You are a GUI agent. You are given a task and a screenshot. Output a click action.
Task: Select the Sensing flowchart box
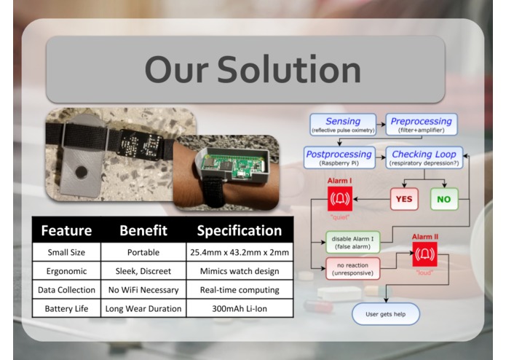[343, 124]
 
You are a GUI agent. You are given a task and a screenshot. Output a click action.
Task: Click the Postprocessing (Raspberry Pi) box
[339, 157]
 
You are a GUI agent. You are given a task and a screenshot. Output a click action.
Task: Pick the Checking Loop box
[424, 157]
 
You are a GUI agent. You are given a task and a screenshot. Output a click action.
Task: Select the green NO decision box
[443, 197]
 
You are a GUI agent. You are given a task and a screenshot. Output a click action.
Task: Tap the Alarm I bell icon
[340, 198]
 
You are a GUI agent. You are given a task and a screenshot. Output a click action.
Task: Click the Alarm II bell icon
[424, 254]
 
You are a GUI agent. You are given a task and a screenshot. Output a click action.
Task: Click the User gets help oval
[386, 314]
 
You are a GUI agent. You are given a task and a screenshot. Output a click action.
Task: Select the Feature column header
[66, 230]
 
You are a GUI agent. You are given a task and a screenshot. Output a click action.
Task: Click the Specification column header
[239, 230]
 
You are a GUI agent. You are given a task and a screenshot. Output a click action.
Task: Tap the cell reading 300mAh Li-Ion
[239, 308]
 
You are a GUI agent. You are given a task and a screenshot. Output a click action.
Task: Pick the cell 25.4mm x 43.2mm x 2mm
[239, 252]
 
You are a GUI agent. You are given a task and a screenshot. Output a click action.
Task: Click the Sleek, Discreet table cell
[143, 271]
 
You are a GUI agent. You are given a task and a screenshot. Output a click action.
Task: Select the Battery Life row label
[66, 308]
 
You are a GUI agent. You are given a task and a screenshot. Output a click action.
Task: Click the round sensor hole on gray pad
[82, 173]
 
